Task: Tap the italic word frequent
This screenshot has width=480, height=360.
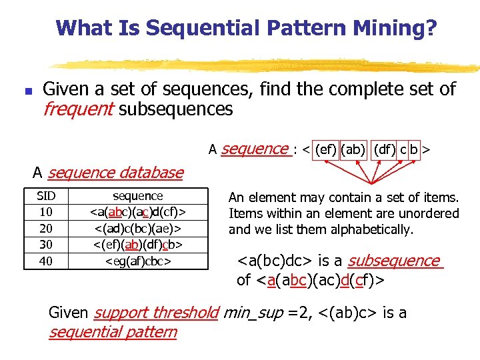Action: click(78, 109)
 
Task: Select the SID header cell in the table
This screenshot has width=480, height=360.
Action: click(46, 196)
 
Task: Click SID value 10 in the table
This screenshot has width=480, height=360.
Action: click(46, 212)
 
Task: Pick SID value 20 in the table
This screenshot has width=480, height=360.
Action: click(46, 228)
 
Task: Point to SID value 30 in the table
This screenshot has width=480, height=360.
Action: click(46, 244)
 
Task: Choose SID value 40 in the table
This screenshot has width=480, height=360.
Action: click(46, 260)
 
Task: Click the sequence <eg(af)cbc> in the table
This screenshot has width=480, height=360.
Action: click(138, 260)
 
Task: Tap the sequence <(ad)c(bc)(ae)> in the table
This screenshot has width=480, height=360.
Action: click(138, 228)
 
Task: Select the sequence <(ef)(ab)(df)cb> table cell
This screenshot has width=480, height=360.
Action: click(138, 244)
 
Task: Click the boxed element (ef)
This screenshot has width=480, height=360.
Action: click(325, 150)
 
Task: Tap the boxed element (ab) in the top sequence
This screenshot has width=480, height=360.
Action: click(353, 150)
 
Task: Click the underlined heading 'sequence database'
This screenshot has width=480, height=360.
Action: click(115, 173)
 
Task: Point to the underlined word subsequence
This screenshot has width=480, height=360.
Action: click(394, 261)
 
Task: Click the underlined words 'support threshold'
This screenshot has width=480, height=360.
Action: click(156, 313)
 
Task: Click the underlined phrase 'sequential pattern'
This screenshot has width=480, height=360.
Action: click(113, 332)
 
